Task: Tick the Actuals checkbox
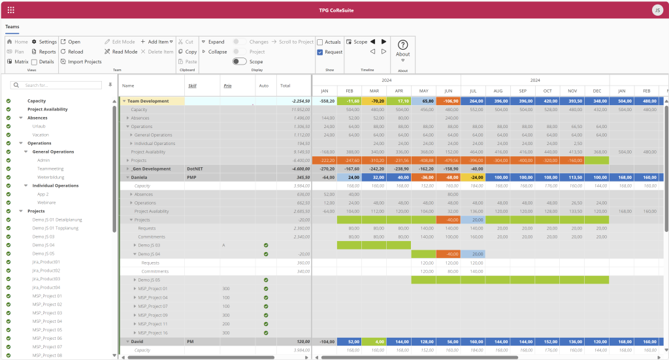click(x=320, y=42)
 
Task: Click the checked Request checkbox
click(x=320, y=52)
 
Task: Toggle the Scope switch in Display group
click(x=240, y=61)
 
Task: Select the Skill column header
click(x=192, y=86)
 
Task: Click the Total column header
click(x=285, y=86)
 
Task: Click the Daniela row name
click(x=139, y=177)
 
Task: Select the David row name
click(x=137, y=342)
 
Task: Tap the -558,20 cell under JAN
click(x=325, y=101)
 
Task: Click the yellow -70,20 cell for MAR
click(x=374, y=101)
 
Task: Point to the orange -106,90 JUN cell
click(x=448, y=101)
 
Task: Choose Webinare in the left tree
click(x=47, y=203)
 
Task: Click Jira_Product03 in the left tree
click(x=46, y=279)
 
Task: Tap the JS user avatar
click(x=657, y=10)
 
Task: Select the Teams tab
click(x=12, y=27)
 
